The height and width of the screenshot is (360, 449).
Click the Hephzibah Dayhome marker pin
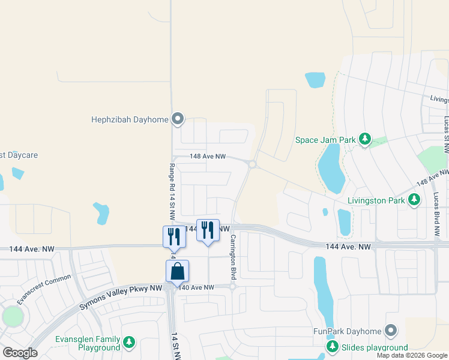(178, 119)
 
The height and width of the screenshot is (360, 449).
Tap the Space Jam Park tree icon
(364, 140)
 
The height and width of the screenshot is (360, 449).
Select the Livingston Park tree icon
(414, 200)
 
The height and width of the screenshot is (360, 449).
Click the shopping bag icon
(178, 272)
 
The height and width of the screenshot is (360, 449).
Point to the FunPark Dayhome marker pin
(391, 331)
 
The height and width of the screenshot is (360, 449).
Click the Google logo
(20, 352)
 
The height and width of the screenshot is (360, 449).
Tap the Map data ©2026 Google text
(411, 355)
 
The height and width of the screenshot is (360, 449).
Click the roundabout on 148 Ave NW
(253, 164)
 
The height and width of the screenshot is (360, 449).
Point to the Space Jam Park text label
(325, 140)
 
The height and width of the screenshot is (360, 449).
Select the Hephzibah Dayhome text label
(129, 119)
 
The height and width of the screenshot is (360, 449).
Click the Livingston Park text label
(376, 200)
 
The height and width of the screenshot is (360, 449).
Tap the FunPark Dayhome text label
(348, 331)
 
